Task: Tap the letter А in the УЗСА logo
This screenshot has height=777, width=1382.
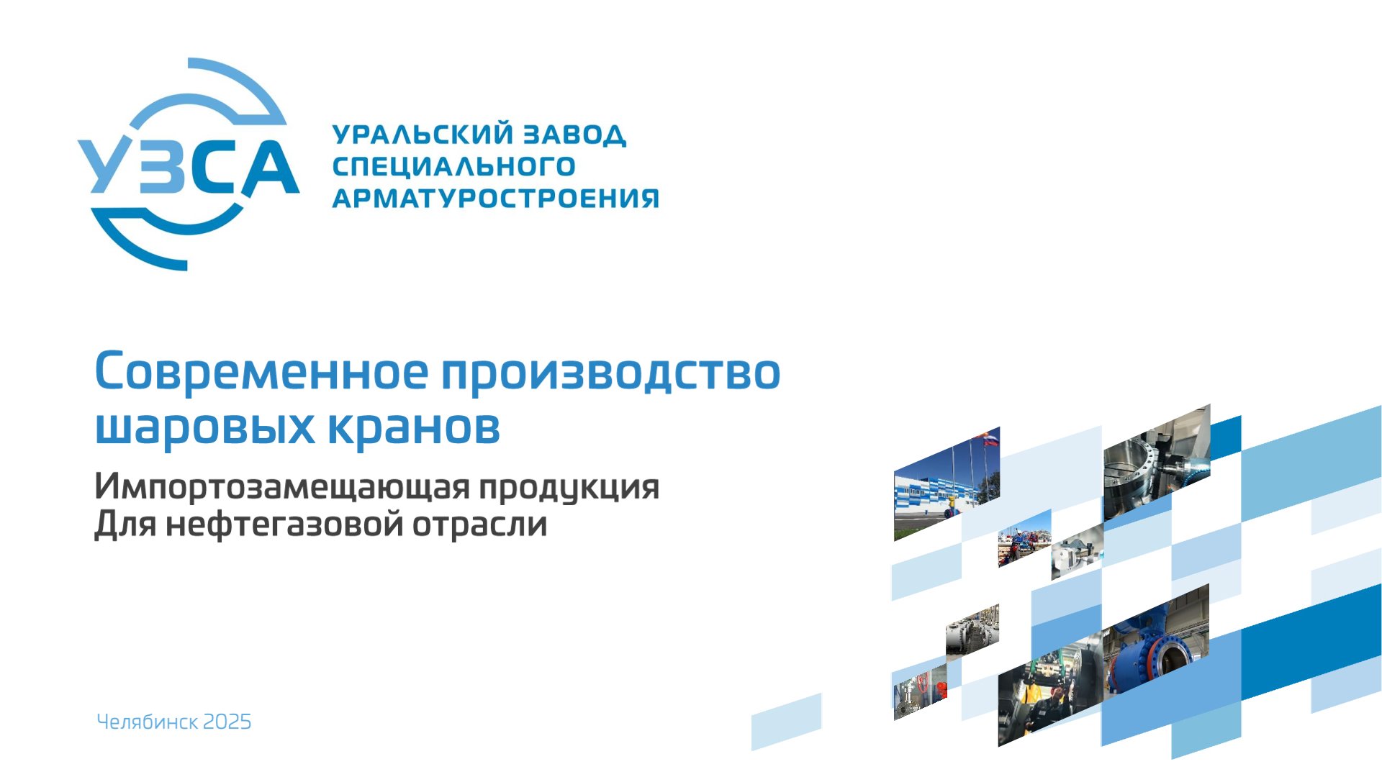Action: pyautogui.click(x=268, y=167)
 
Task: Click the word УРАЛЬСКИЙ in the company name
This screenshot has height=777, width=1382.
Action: pyautogui.click(x=423, y=135)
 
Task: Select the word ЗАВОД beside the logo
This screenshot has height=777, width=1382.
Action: pyautogui.click(x=574, y=135)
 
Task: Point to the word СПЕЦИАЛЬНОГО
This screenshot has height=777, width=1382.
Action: pyautogui.click(x=453, y=167)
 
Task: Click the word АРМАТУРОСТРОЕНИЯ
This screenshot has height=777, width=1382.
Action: pyautogui.click(x=495, y=199)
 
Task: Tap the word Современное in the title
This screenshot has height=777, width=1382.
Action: pyautogui.click(x=261, y=372)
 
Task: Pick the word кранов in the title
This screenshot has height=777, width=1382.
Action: pyautogui.click(x=414, y=427)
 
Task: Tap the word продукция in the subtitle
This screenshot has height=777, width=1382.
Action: pyautogui.click(x=569, y=489)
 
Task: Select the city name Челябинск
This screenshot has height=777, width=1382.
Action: pyautogui.click(x=147, y=722)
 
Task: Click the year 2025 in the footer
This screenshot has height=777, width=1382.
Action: pyautogui.click(x=227, y=722)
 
